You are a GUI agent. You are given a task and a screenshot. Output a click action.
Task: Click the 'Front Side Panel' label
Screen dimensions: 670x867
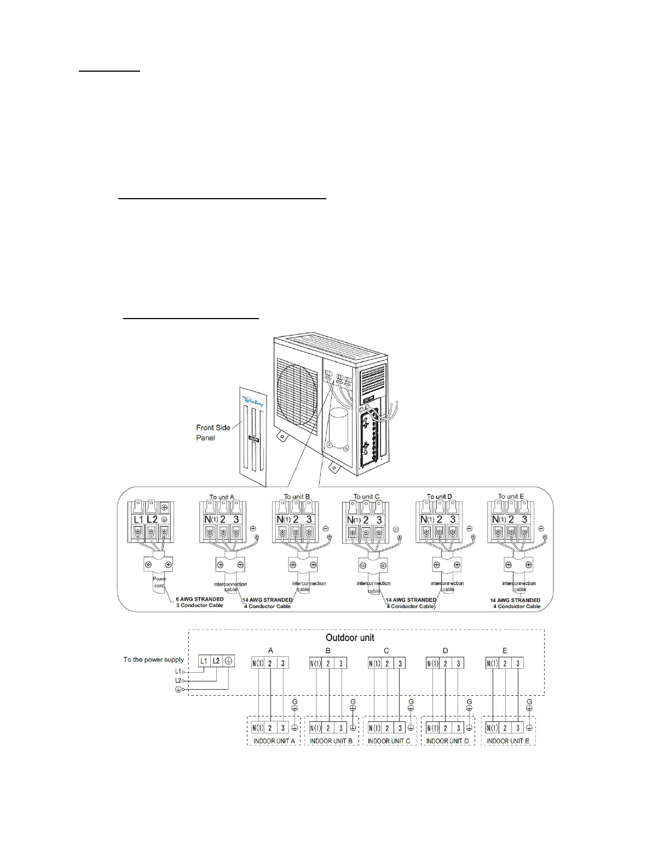pos(213,432)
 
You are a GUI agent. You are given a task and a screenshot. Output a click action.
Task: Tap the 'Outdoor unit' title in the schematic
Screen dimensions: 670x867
pos(350,638)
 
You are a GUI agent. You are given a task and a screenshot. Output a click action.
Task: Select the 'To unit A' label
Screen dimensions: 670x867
pos(221,498)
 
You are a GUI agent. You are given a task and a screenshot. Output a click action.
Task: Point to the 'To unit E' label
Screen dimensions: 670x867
pos(511,496)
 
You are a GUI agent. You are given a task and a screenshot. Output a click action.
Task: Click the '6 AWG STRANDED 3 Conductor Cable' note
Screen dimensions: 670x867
pos(200,602)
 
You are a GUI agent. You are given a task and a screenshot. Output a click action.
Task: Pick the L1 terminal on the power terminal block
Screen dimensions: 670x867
pos(138,519)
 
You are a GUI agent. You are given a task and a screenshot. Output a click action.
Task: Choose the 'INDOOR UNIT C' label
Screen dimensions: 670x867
pos(389,741)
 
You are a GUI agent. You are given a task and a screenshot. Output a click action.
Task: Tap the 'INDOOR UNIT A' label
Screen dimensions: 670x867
pos(274,741)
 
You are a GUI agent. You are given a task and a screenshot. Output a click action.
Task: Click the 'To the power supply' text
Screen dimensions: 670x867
pos(153,660)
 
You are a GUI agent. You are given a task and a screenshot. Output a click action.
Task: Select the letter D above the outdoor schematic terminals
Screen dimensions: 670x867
pos(445,651)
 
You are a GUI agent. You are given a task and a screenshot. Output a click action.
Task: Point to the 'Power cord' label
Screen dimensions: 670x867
pos(159,582)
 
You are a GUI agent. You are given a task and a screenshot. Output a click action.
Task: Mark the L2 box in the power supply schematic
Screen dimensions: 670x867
pos(216,661)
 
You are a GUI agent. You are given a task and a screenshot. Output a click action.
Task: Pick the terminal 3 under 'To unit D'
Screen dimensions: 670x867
pos(453,519)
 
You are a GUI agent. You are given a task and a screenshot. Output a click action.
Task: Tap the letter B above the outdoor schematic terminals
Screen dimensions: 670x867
pos(328,651)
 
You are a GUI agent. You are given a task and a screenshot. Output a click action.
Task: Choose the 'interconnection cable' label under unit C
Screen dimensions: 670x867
pos(373,587)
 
